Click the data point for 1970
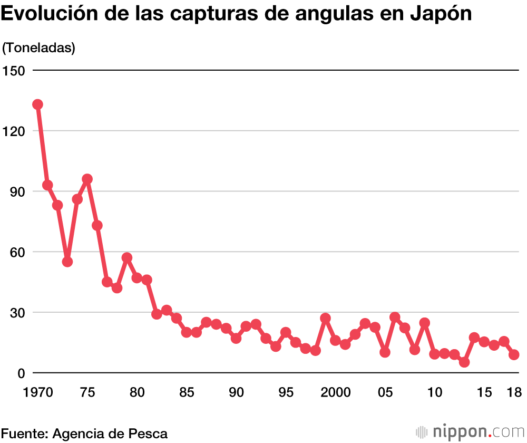tap(37, 104)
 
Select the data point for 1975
tap(87, 179)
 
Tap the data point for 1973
tap(67, 262)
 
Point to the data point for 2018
tap(514, 355)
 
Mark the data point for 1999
tap(325, 318)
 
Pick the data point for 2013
tap(464, 362)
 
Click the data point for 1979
tap(127, 258)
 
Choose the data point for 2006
tap(395, 317)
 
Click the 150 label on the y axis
tap(15, 70)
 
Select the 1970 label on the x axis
tap(38, 392)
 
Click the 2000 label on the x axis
tap(336, 392)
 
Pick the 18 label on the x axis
tap(514, 392)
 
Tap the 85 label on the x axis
tap(187, 392)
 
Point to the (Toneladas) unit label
tap(39, 47)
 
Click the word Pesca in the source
tap(148, 434)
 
